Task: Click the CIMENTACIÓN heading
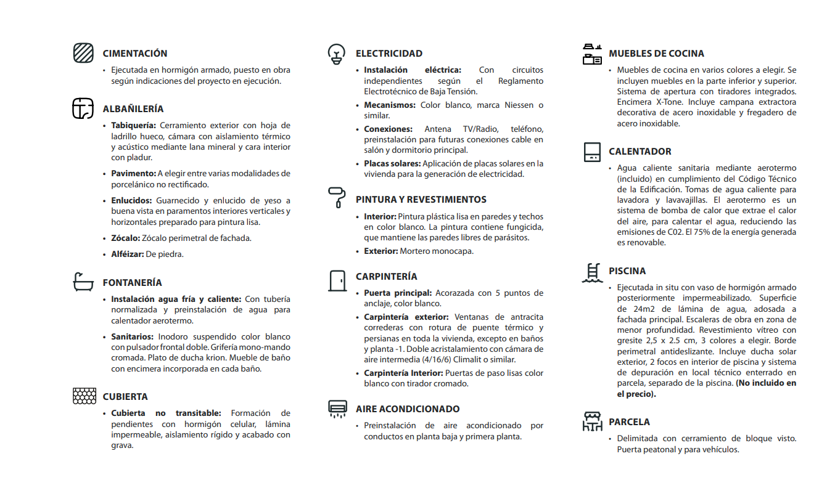[135, 54]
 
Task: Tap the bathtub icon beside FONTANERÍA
[83, 282]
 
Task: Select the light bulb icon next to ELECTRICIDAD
[336, 54]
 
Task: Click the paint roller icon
[337, 198]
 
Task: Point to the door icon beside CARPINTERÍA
[337, 280]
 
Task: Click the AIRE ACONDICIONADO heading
[408, 409]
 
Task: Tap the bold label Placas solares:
[392, 164]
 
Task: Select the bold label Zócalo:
[125, 238]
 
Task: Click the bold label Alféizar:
[126, 254]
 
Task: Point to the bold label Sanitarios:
[132, 337]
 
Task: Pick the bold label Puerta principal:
[398, 293]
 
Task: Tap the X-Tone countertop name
[670, 102]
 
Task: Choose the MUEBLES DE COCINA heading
[656, 54]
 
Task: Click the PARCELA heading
[629, 422]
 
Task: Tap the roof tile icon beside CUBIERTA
[84, 396]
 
